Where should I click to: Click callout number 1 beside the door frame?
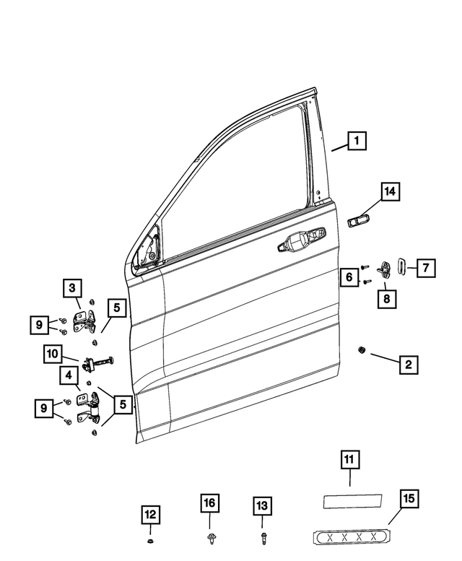(356, 140)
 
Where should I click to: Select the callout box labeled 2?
(408, 365)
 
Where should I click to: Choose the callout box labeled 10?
(53, 354)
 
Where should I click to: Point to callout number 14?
(390, 191)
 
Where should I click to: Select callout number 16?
(209, 503)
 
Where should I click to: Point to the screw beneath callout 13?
(263, 538)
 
